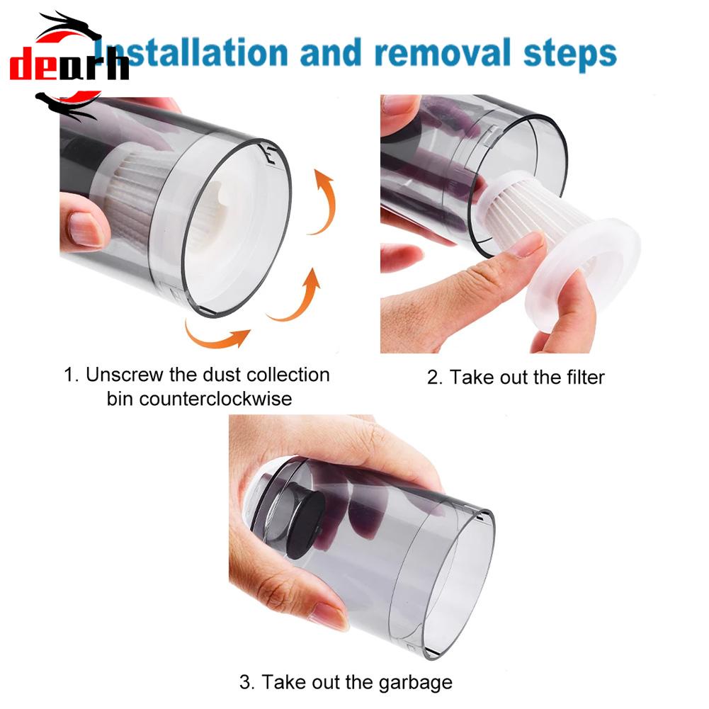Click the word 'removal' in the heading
[442, 52]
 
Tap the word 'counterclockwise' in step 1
[199, 399]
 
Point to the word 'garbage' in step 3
[415, 683]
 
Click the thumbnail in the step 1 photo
[85, 229]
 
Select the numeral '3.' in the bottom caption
[247, 682]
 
